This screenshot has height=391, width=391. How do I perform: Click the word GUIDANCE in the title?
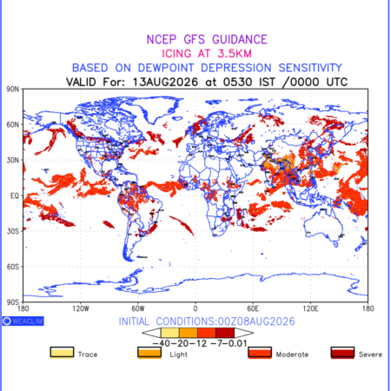(x=240, y=39)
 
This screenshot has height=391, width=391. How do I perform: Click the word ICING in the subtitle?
(x=176, y=54)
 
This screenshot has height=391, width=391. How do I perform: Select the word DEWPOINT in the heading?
(x=166, y=68)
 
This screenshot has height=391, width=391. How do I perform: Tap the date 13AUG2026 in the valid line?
(x=165, y=82)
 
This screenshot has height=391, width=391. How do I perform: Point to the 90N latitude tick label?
(x=13, y=89)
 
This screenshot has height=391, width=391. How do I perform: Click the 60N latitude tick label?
(x=13, y=124)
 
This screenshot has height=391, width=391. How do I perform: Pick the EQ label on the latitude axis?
(x=15, y=195)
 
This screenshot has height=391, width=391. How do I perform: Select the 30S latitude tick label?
(x=13, y=231)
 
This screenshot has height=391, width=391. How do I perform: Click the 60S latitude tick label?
(x=13, y=267)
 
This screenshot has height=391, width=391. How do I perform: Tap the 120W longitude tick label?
(x=81, y=308)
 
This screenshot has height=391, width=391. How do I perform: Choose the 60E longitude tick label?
(x=253, y=308)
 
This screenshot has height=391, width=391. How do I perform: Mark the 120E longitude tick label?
(x=310, y=308)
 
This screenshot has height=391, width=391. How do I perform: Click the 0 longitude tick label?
(x=195, y=308)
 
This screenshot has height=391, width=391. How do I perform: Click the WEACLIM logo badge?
(x=23, y=321)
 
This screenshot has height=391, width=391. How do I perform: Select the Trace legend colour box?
(x=62, y=353)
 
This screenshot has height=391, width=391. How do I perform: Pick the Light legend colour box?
(x=149, y=353)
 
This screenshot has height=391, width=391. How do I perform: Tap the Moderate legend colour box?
(x=260, y=353)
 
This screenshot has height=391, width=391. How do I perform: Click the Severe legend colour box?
(x=342, y=353)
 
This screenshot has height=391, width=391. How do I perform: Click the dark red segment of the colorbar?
(x=225, y=333)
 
